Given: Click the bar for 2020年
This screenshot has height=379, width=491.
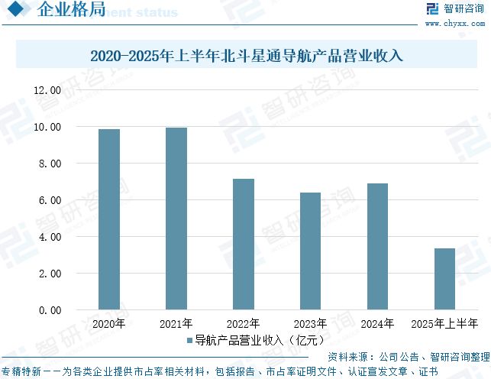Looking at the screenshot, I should pyautogui.click(x=109, y=219).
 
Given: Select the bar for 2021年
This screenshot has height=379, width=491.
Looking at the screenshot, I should pyautogui.click(x=176, y=219).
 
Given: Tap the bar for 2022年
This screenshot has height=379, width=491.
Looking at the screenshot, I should pyautogui.click(x=244, y=245).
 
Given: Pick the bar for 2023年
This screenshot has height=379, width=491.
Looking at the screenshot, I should pyautogui.click(x=310, y=251).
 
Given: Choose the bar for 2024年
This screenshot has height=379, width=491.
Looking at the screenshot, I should pyautogui.click(x=377, y=247).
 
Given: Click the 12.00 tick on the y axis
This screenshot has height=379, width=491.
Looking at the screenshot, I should pyautogui.click(x=47, y=90).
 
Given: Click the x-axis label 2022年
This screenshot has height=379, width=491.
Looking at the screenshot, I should pyautogui.click(x=244, y=324).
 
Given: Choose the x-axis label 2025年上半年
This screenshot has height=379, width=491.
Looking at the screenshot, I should pyautogui.click(x=444, y=324).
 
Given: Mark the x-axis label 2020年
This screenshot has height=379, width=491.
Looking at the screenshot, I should pyautogui.click(x=109, y=324).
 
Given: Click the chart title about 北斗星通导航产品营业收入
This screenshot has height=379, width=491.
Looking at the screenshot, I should pyautogui.click(x=245, y=56).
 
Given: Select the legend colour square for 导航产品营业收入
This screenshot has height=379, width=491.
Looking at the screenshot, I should pyautogui.click(x=189, y=340).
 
